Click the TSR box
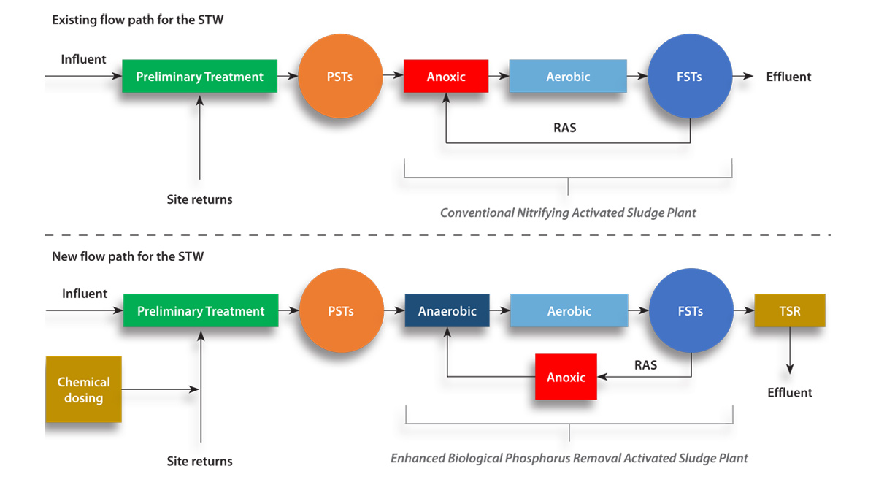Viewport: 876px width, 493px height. (x=789, y=310)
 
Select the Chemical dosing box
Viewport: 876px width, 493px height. (x=83, y=389)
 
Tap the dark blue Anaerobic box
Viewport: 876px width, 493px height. (x=447, y=311)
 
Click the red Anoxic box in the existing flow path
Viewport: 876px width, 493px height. (x=445, y=77)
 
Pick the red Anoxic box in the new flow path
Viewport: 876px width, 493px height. (x=566, y=377)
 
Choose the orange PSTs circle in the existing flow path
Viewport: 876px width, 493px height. (x=340, y=77)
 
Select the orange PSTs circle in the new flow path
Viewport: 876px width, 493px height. (x=341, y=311)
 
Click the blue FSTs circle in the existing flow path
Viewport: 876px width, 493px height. (x=689, y=77)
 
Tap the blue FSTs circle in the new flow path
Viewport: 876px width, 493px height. (x=690, y=311)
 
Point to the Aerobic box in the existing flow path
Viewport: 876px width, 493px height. (x=567, y=77)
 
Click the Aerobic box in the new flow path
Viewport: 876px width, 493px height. (x=569, y=311)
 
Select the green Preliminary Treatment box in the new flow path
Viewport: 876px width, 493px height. (x=200, y=311)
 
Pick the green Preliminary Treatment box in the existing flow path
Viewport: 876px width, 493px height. (x=199, y=77)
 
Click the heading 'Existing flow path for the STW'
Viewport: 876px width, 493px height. (x=137, y=20)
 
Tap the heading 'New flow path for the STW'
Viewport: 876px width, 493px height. (x=128, y=256)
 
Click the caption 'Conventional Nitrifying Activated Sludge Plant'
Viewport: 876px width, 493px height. (x=568, y=213)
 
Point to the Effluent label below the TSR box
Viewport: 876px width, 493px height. (x=789, y=392)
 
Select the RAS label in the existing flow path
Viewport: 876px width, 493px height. (x=564, y=128)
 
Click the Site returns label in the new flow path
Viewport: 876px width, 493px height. (x=199, y=461)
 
